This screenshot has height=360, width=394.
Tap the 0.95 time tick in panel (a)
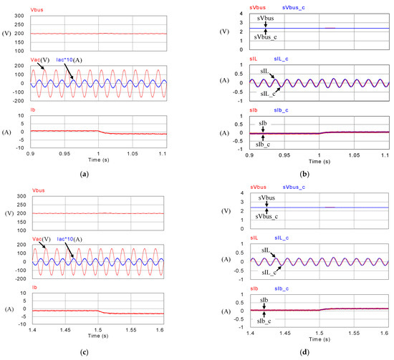pos(64,153)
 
